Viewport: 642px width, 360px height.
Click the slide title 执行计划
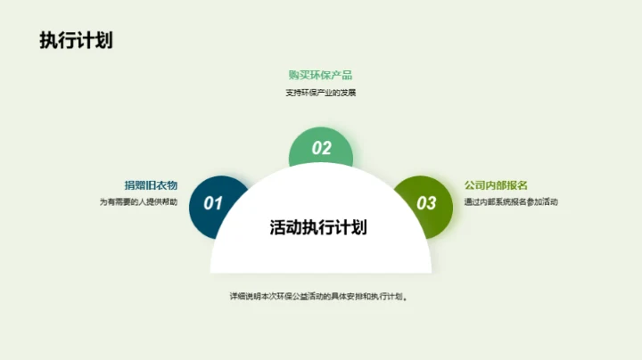[x=76, y=42]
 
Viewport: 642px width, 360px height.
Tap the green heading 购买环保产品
[x=320, y=74]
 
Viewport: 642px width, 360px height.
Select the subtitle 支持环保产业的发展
[x=320, y=93]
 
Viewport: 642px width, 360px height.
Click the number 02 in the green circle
[x=321, y=149]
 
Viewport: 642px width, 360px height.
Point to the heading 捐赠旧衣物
[x=151, y=185]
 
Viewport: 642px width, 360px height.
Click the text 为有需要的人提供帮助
[x=138, y=202]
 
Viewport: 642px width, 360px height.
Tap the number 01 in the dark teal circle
[x=213, y=203]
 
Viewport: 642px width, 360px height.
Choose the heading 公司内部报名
[x=497, y=185]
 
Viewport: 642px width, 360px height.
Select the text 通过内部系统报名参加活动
[x=511, y=202]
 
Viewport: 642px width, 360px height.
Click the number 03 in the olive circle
[x=427, y=203]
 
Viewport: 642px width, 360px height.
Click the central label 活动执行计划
[x=318, y=227]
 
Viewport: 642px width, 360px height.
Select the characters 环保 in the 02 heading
[x=320, y=74]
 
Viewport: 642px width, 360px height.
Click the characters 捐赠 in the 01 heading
[x=135, y=185]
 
